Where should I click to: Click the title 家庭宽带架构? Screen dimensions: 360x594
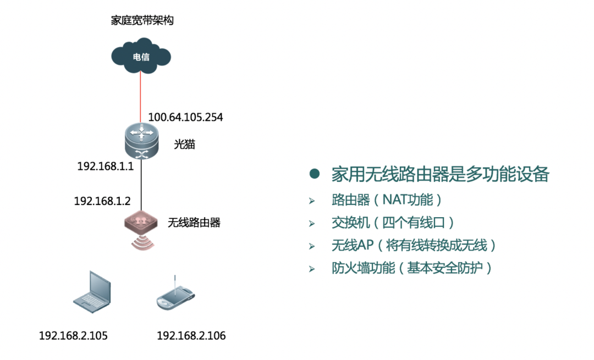tap(142, 21)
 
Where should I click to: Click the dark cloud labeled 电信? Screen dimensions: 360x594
tap(141, 56)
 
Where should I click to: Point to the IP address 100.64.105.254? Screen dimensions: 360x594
tap(185, 117)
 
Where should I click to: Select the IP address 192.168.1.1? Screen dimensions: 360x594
tap(105, 167)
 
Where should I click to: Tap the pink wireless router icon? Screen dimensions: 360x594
tap(141, 222)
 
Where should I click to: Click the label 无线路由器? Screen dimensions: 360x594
tap(194, 223)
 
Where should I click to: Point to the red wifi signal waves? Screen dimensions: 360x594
tap(141, 242)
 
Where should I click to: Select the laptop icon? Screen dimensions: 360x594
tap(92, 292)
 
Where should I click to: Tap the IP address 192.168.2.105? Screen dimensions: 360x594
tap(73, 336)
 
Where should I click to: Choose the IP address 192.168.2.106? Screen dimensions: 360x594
tap(191, 336)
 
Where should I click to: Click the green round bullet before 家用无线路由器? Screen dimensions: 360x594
tap(314, 174)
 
